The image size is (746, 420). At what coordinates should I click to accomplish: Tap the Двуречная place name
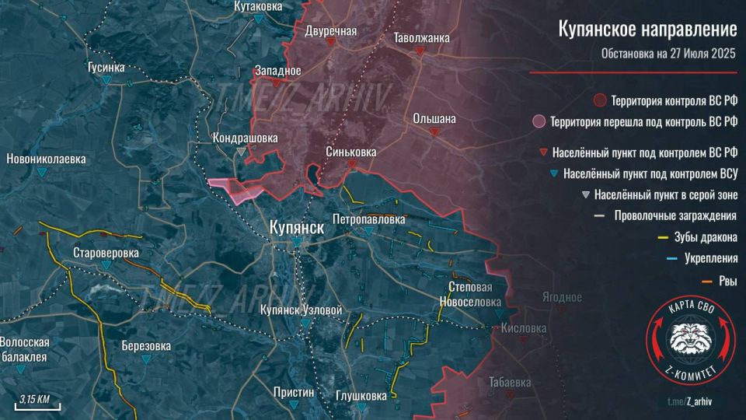(331, 31)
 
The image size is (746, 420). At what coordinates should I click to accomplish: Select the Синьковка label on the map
(351, 152)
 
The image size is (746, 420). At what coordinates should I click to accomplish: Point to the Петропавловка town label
(368, 220)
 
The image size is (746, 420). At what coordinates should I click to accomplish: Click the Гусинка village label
(106, 68)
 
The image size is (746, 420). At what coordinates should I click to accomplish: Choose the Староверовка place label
(106, 254)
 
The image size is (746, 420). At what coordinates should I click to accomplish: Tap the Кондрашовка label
(245, 138)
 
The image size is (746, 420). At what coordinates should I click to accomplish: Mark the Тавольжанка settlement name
(421, 37)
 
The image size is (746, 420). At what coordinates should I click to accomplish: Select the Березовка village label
(146, 347)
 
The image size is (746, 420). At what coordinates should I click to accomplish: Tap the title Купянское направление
(647, 30)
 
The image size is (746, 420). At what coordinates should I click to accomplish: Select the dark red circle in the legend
(599, 100)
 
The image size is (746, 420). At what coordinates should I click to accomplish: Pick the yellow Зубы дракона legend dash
(663, 237)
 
